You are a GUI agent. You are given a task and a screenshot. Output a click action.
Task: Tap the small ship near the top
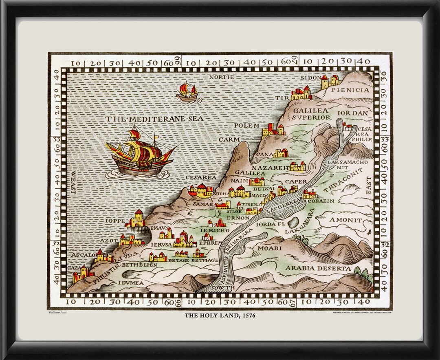pos(187,92)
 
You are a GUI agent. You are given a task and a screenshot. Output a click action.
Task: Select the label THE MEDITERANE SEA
pos(155,119)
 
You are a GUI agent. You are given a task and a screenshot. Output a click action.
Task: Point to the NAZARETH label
pos(270,168)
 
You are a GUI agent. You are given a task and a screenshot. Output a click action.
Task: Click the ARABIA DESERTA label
pos(318,268)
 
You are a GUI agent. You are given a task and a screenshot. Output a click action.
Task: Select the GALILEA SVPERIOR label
pos(311,114)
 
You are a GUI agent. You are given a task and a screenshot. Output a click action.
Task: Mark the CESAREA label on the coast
pos(200,178)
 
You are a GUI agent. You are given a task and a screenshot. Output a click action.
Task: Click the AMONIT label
pos(345,220)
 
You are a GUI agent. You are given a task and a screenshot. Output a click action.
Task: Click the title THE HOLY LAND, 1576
pos(220,315)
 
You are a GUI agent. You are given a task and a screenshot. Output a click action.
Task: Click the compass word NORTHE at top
pos(221,77)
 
